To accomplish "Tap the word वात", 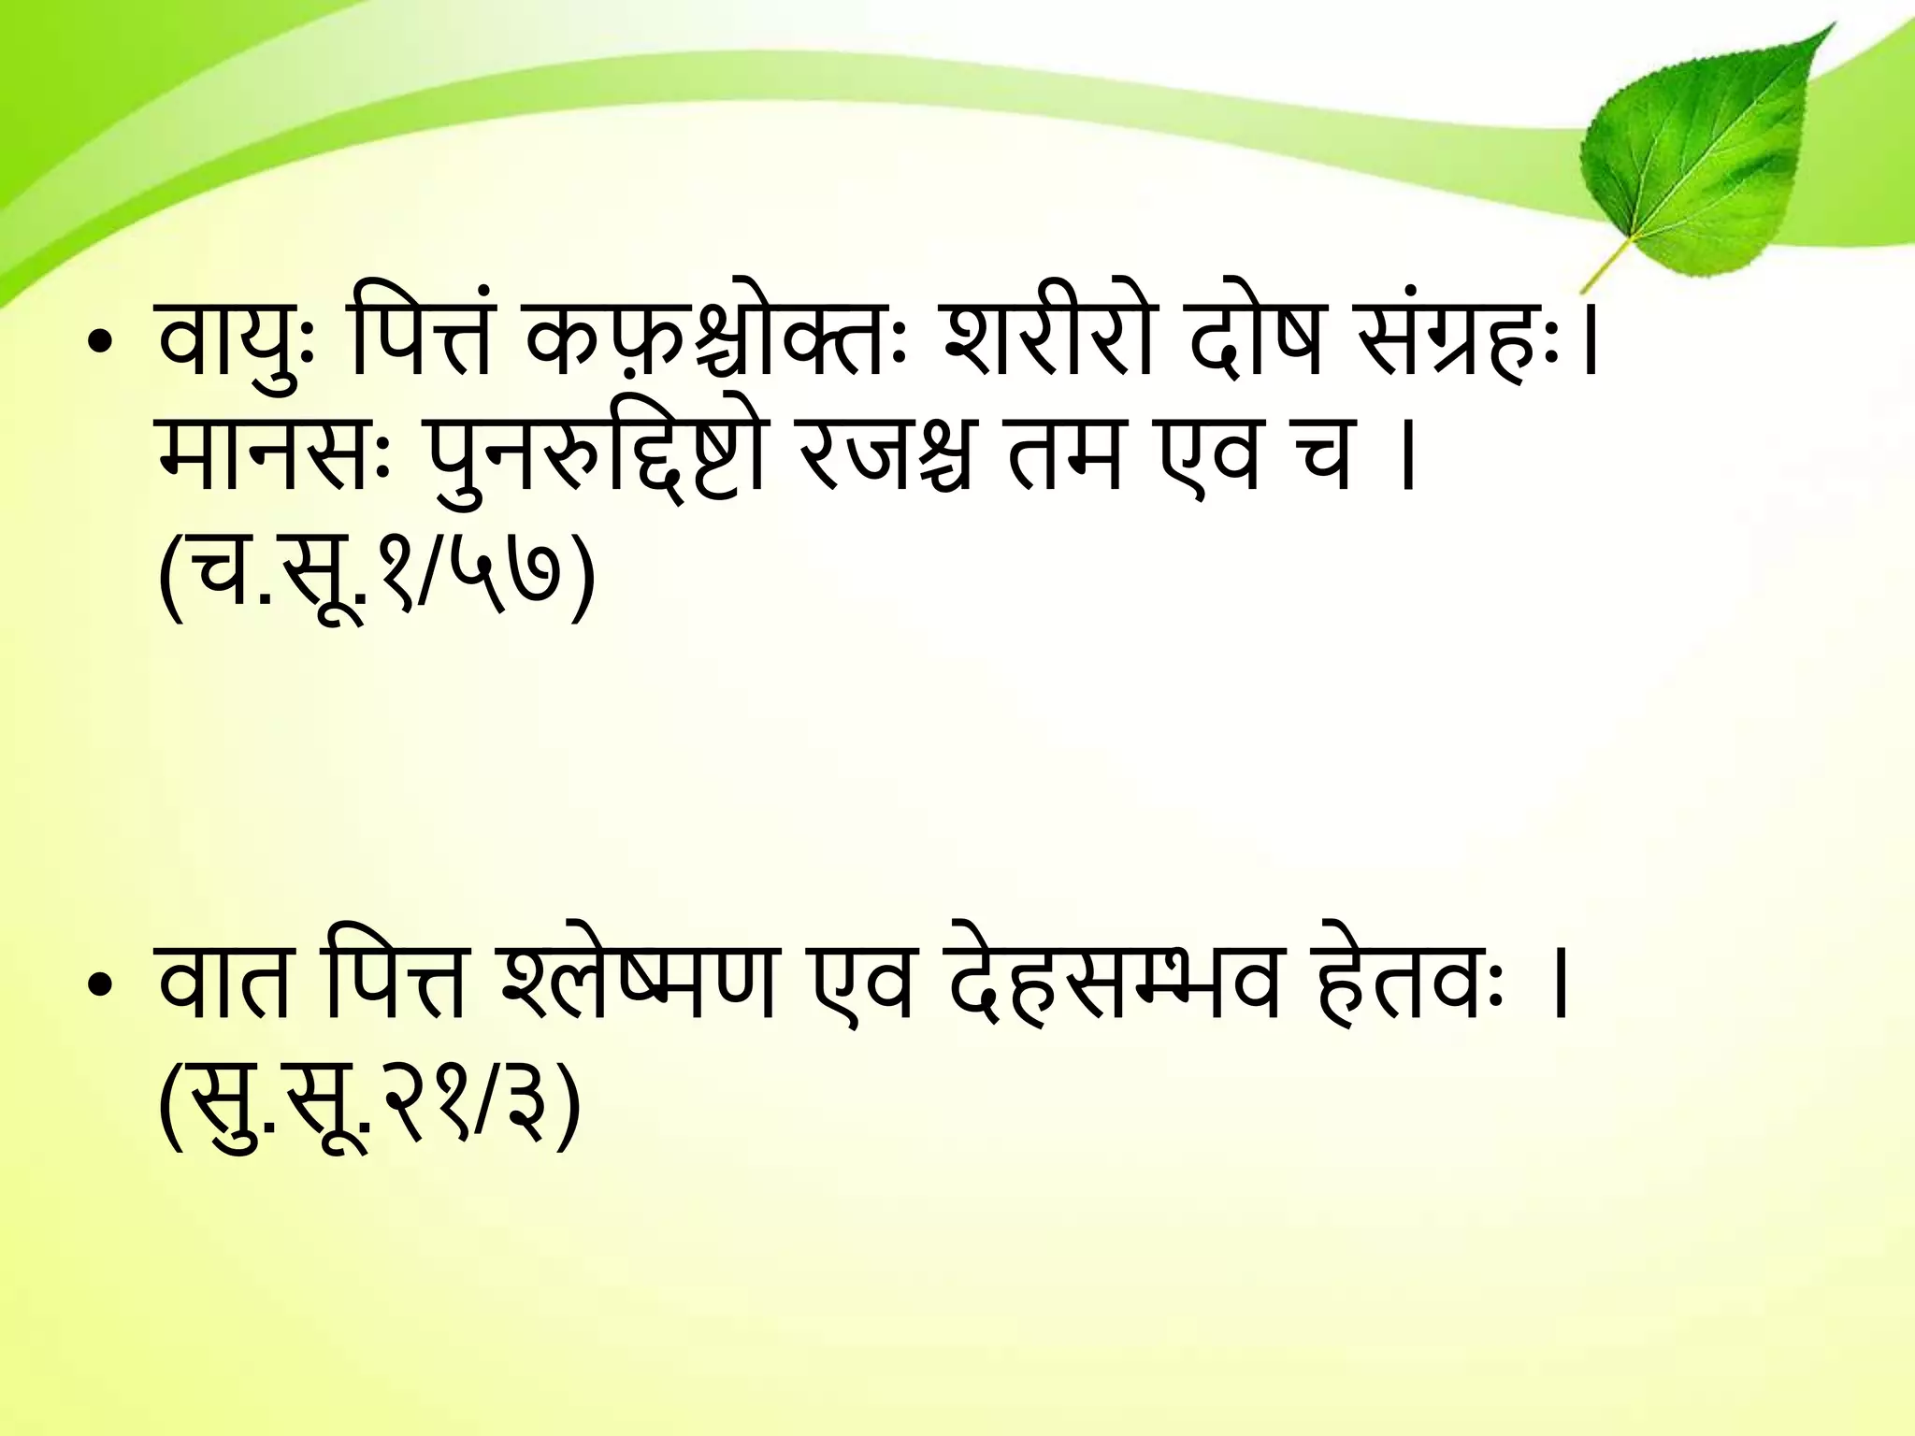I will (224, 982).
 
